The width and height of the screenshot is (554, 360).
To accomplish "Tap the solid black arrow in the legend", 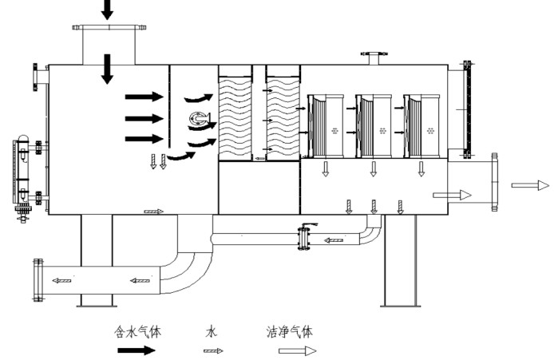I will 138,350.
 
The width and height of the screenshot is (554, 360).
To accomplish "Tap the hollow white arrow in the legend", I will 298,350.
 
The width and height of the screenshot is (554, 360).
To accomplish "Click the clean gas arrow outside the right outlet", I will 530,185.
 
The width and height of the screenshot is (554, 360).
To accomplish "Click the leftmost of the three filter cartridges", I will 326,126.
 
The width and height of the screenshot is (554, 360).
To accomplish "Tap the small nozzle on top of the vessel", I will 372,57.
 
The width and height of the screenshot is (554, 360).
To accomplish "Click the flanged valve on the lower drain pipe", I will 302,239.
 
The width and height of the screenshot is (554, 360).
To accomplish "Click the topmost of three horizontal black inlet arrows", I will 144,97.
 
